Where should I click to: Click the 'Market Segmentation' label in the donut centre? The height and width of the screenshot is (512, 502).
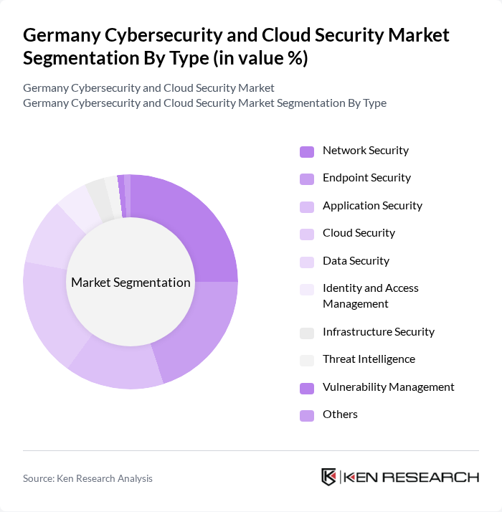click(131, 283)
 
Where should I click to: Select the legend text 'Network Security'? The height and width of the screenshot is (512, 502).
click(365, 151)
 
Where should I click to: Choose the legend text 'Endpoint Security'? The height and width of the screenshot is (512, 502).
click(366, 178)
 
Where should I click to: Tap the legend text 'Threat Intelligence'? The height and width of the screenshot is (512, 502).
click(369, 359)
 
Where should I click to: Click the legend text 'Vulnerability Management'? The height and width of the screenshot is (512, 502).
click(388, 387)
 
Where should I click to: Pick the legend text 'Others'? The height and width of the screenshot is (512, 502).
click(340, 414)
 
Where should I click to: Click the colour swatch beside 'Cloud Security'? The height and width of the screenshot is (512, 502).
click(307, 234)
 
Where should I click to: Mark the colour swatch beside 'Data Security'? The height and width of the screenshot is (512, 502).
click(307, 262)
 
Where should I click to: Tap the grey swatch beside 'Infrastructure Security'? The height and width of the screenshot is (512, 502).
click(307, 333)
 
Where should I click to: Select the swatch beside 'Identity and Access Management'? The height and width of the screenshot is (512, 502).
click(307, 289)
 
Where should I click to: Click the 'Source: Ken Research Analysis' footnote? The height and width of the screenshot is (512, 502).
click(87, 478)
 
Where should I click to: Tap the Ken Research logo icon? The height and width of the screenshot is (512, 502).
click(329, 478)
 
